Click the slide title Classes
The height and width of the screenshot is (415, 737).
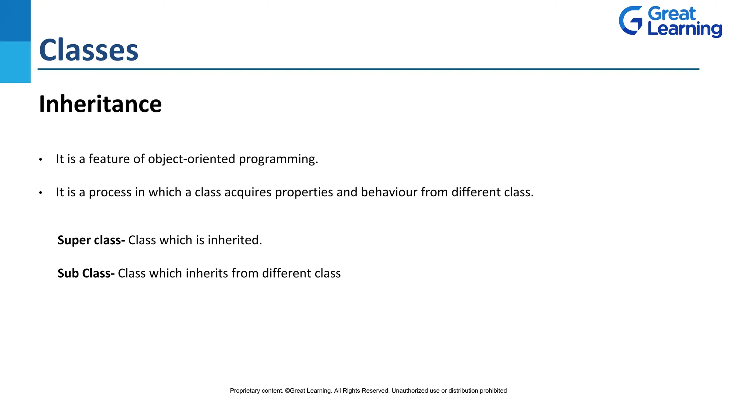click(89, 50)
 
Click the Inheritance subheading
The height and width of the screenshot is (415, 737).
click(100, 104)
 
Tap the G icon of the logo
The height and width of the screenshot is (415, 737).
click(630, 21)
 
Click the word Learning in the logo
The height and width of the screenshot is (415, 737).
click(684, 29)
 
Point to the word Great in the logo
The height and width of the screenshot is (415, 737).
click(672, 14)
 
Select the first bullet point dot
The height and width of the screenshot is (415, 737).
click(41, 160)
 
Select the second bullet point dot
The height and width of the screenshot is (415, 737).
click(41, 193)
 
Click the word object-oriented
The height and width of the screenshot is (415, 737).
click(191, 159)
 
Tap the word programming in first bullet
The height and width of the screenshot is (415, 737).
click(278, 159)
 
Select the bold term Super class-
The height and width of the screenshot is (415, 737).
click(91, 240)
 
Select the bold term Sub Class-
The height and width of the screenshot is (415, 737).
click(86, 273)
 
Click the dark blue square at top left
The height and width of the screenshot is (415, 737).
click(15, 21)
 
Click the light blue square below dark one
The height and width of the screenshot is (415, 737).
click(15, 62)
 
